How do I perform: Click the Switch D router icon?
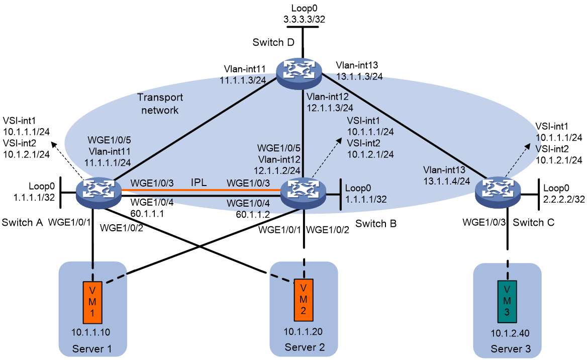point(299,73)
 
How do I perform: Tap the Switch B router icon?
point(303,194)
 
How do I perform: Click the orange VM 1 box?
point(92,302)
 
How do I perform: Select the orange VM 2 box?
point(304,300)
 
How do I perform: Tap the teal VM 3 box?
point(507,302)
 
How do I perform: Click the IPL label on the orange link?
point(199,183)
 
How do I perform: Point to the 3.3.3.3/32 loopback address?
point(305,19)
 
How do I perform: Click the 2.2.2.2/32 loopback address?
point(564,199)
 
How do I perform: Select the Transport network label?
point(160,104)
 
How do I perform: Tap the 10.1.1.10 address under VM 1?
point(91,332)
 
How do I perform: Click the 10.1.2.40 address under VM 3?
point(510,333)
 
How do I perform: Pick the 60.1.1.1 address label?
point(147,214)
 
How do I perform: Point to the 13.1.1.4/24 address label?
point(447,182)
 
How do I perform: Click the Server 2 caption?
point(305,347)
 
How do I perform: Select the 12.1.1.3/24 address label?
point(330,108)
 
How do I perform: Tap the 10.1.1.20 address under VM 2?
point(303,331)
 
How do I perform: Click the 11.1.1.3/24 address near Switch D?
point(243,80)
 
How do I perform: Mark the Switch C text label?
point(533,223)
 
